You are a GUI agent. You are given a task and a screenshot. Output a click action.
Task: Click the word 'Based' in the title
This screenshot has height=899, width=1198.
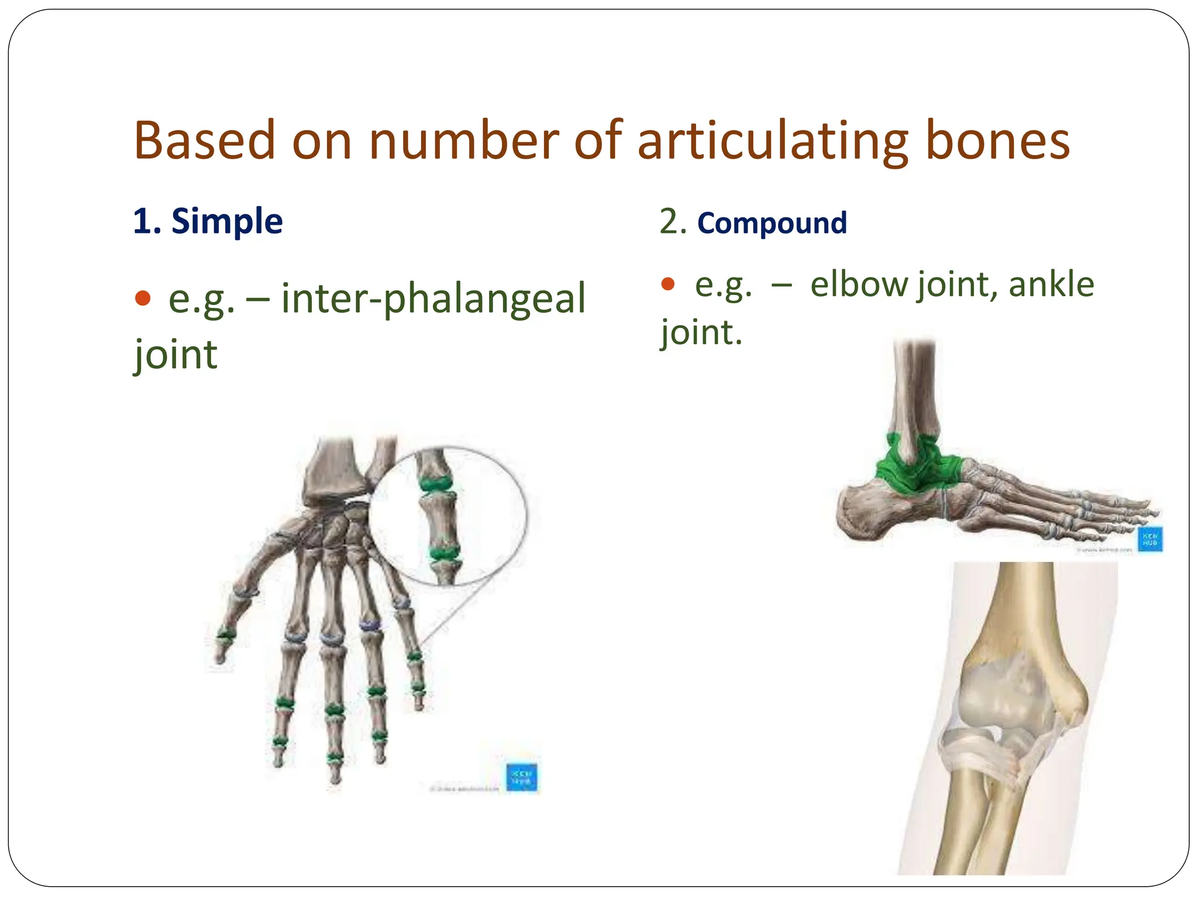coord(204,140)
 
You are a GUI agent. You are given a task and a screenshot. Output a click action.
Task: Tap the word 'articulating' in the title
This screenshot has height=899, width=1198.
coord(773,142)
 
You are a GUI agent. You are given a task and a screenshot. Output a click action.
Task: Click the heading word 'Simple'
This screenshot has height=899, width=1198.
coord(227,221)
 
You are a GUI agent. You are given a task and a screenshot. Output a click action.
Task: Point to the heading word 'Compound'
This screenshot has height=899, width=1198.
coord(772,223)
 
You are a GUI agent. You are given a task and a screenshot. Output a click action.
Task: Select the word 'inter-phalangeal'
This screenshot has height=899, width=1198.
coord(433,298)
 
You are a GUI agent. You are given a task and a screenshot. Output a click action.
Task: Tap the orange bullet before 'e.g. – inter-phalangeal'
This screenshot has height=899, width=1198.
coord(143,298)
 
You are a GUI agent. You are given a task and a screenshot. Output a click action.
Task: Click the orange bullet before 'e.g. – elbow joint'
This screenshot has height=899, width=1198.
coord(667,284)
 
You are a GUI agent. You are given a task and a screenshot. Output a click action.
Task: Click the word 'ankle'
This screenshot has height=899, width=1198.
coord(1051,284)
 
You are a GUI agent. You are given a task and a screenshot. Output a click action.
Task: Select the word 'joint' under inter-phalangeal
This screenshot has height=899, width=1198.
coord(175,355)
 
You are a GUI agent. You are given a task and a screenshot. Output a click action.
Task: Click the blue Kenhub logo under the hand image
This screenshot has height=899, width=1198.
coord(521,777)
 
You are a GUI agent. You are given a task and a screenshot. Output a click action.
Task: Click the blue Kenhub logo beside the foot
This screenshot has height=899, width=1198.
coord(1150,539)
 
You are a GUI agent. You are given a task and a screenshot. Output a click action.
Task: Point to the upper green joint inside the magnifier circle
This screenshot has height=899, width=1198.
coord(436,483)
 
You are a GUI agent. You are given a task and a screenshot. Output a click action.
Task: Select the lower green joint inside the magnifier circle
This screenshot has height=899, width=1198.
coord(445,553)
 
